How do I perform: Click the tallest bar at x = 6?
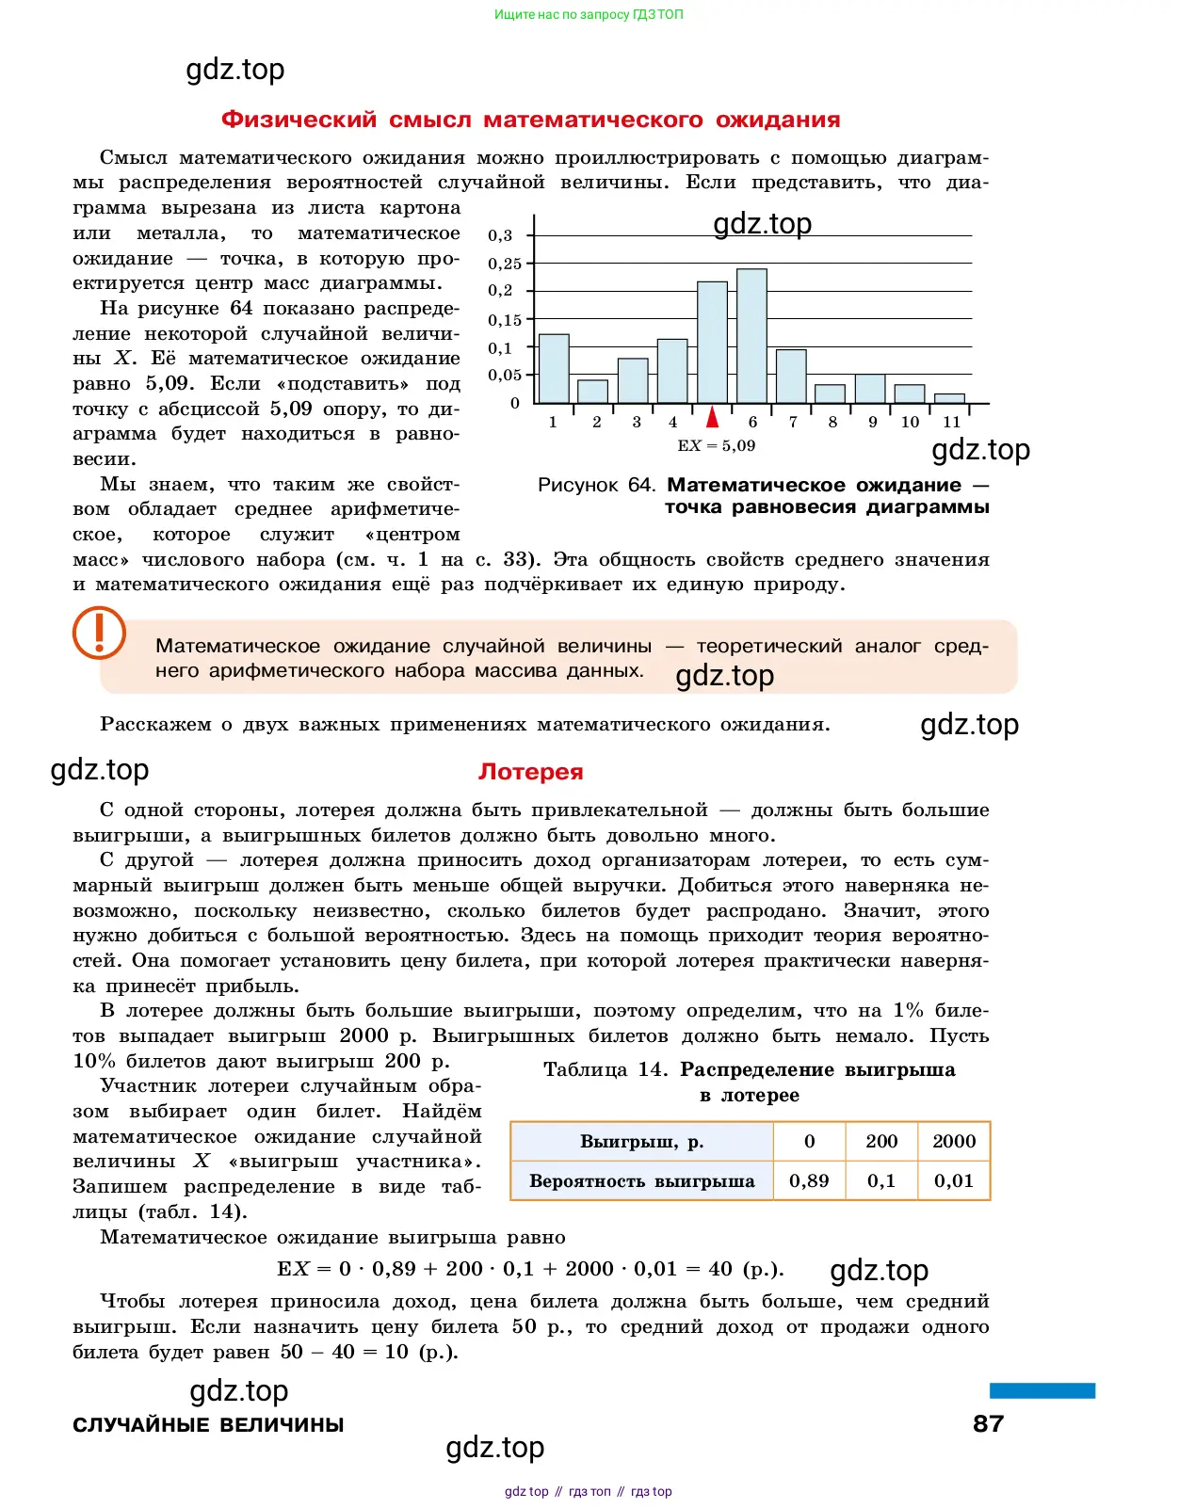point(751,336)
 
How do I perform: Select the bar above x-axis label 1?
point(554,368)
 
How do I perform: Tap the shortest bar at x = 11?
point(949,398)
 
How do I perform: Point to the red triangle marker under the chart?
point(713,417)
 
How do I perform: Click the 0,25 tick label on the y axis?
point(505,264)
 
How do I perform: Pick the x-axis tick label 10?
point(910,422)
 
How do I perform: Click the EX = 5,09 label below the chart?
point(717,445)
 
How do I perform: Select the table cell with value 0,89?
point(809,1180)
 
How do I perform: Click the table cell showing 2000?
point(954,1141)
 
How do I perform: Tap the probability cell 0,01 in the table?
point(954,1180)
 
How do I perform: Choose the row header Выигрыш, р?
point(641,1141)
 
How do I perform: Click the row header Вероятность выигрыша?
point(641,1180)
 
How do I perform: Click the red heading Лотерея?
point(530,772)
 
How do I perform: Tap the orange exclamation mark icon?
point(99,632)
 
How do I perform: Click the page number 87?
point(988,1423)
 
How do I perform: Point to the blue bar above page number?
point(1042,1390)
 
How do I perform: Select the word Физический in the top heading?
point(299,120)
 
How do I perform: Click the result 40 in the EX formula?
point(720,1269)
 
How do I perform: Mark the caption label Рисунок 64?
point(596,485)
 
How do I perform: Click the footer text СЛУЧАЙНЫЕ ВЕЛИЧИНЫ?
point(208,1424)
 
